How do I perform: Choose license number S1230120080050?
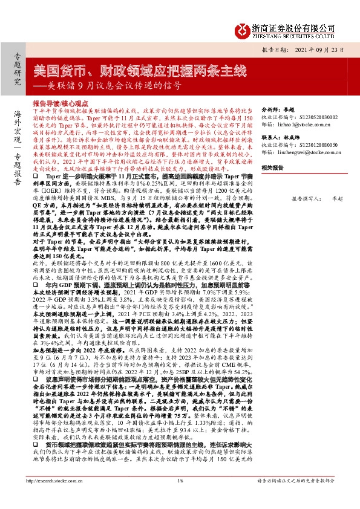pyautogui.click(x=306, y=146)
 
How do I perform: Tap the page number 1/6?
pyautogui.click(x=180, y=498)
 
